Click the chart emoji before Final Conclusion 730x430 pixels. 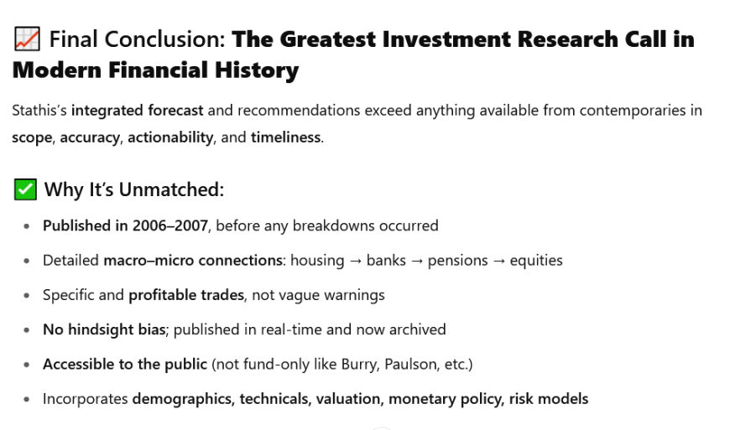click(27, 39)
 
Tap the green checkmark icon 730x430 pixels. click(25, 189)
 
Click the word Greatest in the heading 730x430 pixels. click(328, 39)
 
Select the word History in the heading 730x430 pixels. click(257, 70)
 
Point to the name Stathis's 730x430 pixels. click(39, 110)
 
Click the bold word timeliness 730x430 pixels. click(285, 137)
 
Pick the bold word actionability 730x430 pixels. click(170, 137)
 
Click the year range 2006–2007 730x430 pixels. click(170, 225)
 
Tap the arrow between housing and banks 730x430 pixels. click(355, 261)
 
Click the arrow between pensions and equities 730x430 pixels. click(498, 261)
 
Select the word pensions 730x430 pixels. click(457, 261)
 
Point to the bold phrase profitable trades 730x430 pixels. click(186, 295)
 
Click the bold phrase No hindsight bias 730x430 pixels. click(104, 329)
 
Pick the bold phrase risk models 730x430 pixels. click(549, 399)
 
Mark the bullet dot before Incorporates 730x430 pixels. click(27, 399)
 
